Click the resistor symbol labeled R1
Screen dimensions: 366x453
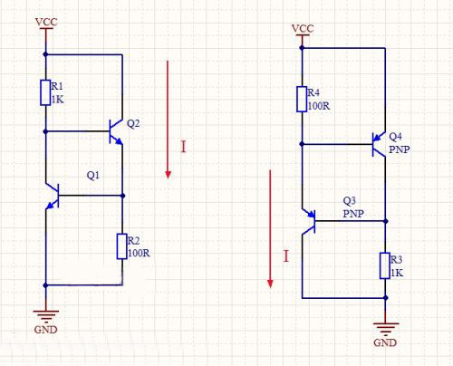pyautogui.click(x=44, y=92)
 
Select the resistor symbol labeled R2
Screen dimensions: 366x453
pyautogui.click(x=121, y=246)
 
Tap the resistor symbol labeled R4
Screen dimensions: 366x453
pyautogui.click(x=302, y=99)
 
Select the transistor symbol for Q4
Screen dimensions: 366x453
pyautogui.click(x=380, y=143)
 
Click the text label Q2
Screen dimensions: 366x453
pyautogui.click(x=133, y=123)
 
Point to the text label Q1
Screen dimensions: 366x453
pyautogui.click(x=93, y=174)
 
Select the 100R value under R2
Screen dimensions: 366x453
pyautogui.click(x=140, y=253)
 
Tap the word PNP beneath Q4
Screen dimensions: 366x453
pyautogui.click(x=399, y=148)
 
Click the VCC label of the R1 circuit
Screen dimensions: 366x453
pyautogui.click(x=44, y=21)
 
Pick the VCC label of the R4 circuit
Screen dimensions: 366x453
pyautogui.click(x=302, y=28)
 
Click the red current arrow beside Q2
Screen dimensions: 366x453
pyautogui.click(x=168, y=119)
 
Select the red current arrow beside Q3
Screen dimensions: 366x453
pyautogui.click(x=270, y=230)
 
